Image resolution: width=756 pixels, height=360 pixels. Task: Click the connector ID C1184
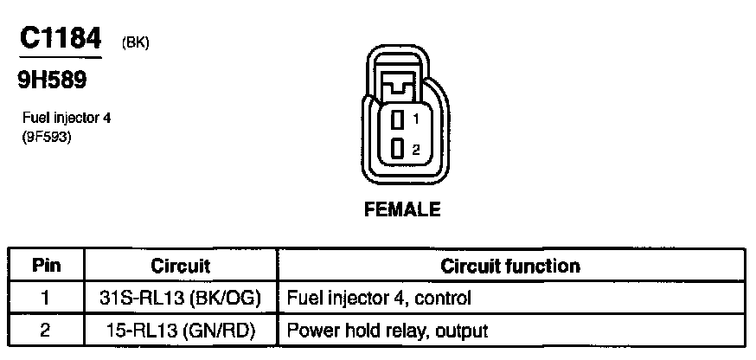coord(60,37)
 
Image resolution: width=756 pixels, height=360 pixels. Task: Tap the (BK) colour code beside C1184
coord(137,42)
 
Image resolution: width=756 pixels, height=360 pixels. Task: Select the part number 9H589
coord(52,81)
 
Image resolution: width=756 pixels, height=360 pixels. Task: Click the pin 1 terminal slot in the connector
coord(397,119)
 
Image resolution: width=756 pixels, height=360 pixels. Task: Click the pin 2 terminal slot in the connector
coord(397,148)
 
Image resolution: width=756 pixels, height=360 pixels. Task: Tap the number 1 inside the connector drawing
coord(416,119)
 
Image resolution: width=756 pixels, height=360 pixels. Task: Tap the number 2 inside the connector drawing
coord(416,149)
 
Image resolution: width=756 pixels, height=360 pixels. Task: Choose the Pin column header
coord(46,266)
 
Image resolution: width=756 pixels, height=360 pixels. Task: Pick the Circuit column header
coord(181,266)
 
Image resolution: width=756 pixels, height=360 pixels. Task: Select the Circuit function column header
coord(510,266)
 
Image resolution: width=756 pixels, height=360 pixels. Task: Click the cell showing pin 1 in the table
coord(46,299)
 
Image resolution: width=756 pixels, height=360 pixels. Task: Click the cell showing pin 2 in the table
coord(46,330)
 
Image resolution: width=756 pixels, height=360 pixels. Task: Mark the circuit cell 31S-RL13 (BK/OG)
coord(181,299)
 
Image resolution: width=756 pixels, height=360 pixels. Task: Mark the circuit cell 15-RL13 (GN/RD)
coord(181,330)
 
